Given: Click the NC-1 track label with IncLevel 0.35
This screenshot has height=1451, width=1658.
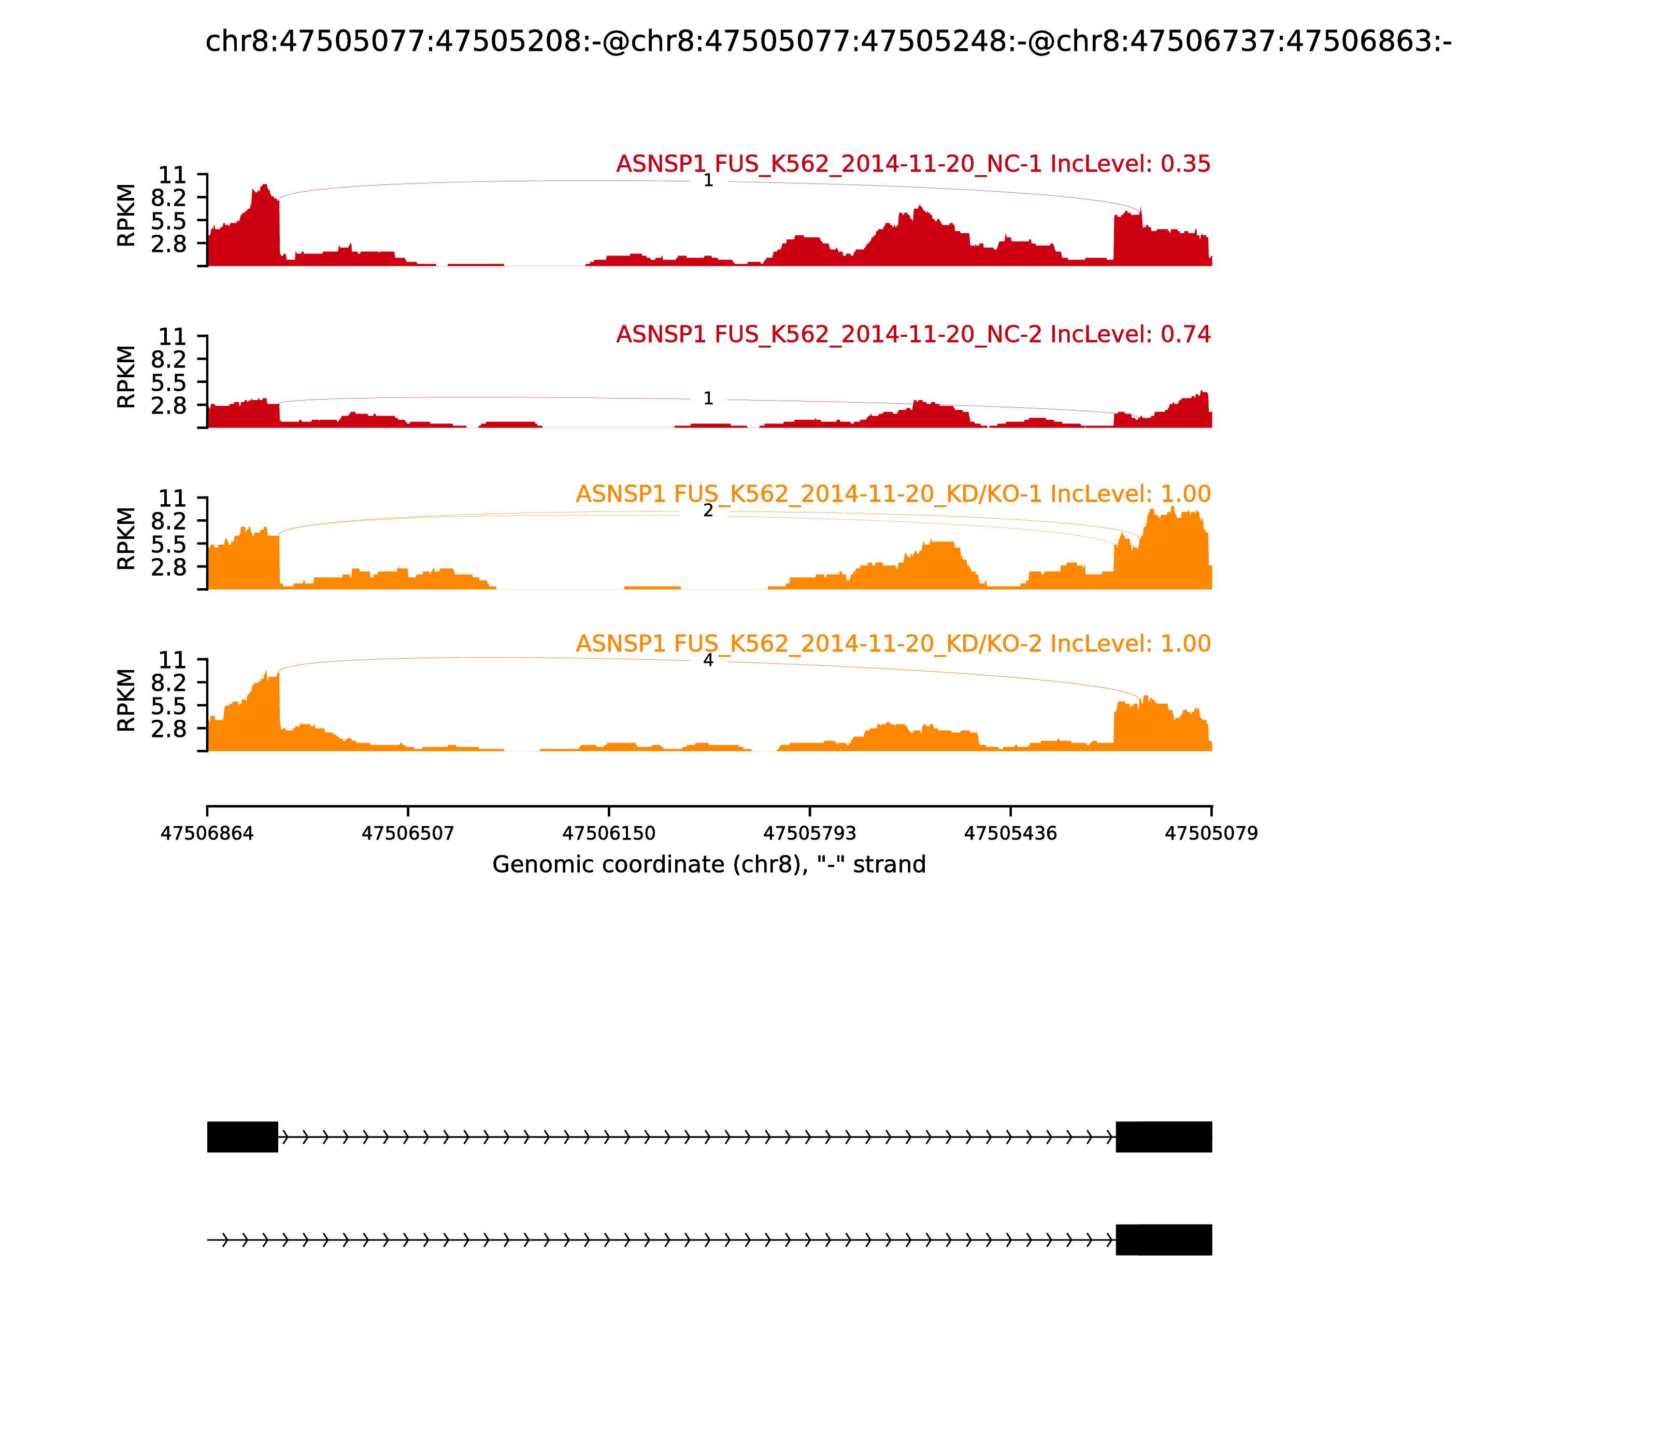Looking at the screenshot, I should click(912, 164).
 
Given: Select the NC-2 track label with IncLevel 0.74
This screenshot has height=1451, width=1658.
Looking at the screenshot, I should click(912, 334).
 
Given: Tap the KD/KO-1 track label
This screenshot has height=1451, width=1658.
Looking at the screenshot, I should click(892, 494).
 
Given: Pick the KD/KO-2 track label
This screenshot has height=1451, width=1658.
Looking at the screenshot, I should click(892, 644).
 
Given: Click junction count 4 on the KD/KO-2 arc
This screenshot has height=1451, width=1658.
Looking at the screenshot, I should click(708, 660).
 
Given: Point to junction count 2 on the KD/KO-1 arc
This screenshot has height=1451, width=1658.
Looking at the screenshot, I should click(708, 511).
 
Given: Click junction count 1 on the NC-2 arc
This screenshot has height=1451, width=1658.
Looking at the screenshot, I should click(708, 399).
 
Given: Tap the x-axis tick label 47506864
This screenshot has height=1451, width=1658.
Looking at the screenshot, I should click(207, 833).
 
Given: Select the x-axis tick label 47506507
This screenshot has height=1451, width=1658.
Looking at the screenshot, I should click(408, 833).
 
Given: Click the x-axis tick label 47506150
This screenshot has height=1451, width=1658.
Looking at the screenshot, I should click(609, 833).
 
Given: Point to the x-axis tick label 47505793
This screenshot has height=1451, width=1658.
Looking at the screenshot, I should click(809, 833).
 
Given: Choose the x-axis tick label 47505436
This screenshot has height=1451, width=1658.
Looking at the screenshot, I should click(1010, 833).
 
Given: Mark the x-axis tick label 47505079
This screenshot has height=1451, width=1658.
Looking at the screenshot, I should click(1211, 833).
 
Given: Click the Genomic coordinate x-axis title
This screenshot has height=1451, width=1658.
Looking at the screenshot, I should click(708, 865).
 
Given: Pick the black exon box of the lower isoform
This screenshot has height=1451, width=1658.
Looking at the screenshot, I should click(1163, 1240).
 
